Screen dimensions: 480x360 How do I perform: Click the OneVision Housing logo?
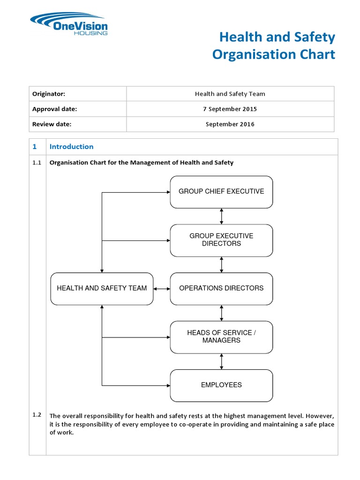point(68,24)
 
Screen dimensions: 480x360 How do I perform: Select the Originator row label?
point(45,94)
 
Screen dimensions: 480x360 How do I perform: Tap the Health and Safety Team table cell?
point(230,94)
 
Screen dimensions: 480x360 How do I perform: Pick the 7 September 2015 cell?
point(230,109)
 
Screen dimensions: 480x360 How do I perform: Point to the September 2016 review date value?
point(230,124)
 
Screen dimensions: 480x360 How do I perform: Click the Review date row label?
point(52,124)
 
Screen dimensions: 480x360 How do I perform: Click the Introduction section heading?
point(71,147)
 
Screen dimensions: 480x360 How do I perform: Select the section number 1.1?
point(37,163)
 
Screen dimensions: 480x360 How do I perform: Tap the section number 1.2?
point(37,415)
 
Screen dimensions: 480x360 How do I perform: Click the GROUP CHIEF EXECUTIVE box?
point(221,192)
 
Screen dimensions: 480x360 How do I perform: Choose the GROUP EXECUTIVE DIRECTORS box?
point(221,240)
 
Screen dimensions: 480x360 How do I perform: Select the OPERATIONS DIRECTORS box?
point(221,288)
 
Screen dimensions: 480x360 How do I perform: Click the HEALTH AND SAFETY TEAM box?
point(102,288)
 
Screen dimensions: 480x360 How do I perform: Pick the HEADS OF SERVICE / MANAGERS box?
point(221,337)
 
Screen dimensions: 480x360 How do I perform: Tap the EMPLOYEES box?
point(221,385)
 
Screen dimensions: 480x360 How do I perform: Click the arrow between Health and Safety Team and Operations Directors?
point(162,288)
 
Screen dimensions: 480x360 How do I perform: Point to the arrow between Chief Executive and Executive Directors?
point(221,216)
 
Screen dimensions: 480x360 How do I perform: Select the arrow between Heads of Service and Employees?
point(221,361)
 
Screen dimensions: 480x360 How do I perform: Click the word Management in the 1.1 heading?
point(142,163)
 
